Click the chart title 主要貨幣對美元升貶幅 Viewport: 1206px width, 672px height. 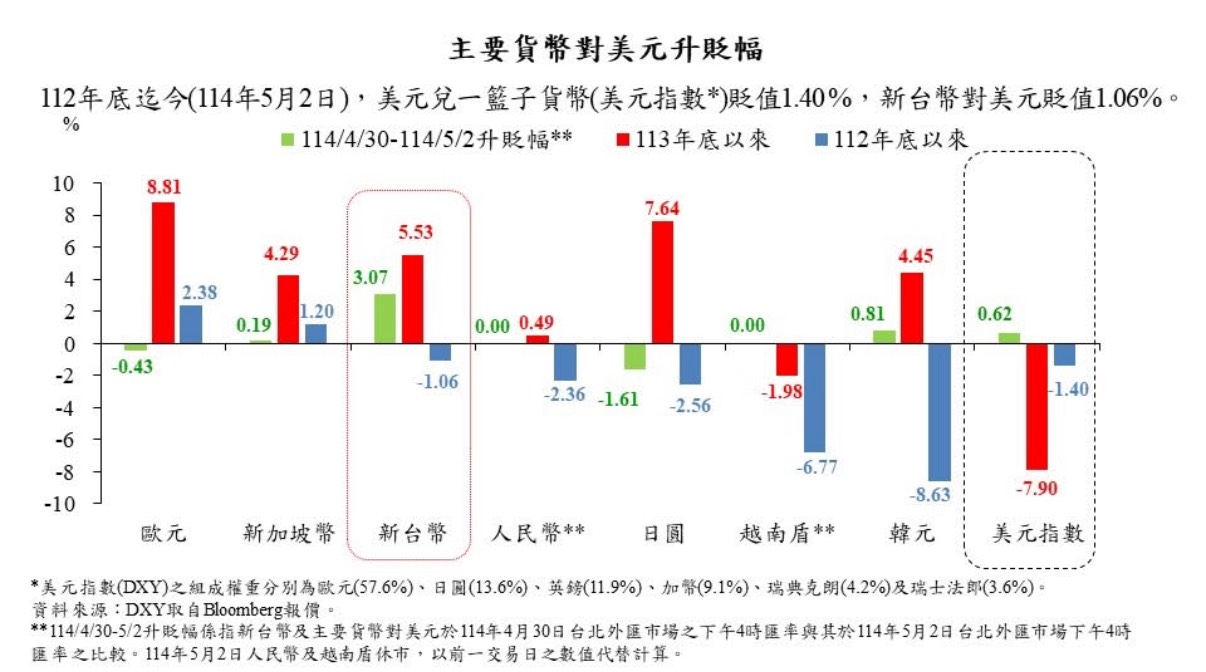point(602,48)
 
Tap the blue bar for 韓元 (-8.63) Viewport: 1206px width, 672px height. point(938,413)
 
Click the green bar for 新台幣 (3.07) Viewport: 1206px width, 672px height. point(385,319)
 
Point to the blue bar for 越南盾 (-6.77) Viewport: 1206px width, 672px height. point(813,398)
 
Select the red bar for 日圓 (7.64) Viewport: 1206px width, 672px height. point(662,283)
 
